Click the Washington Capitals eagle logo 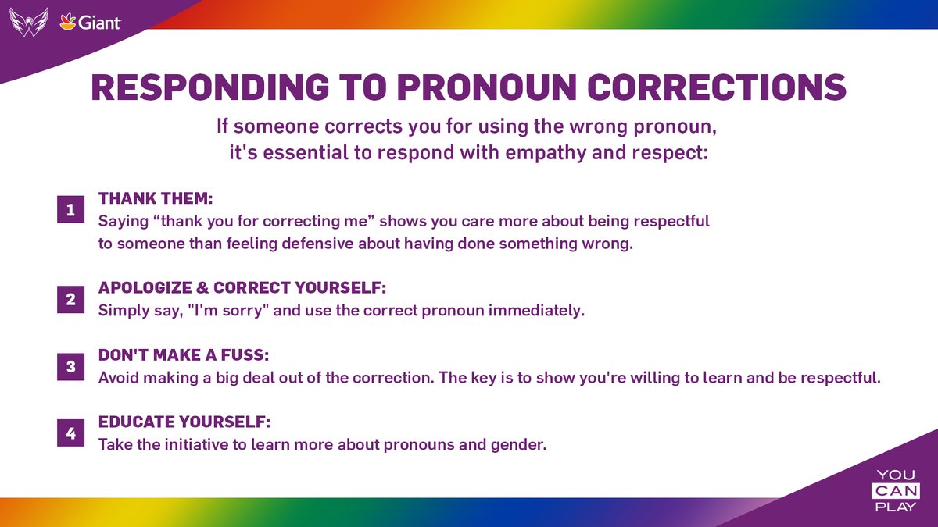(x=29, y=22)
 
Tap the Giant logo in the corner (x=90, y=23)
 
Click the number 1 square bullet (x=70, y=211)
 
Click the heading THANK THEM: (x=156, y=199)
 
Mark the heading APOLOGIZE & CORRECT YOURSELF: (x=242, y=288)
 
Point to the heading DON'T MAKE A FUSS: (x=184, y=355)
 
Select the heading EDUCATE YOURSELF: (x=184, y=422)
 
